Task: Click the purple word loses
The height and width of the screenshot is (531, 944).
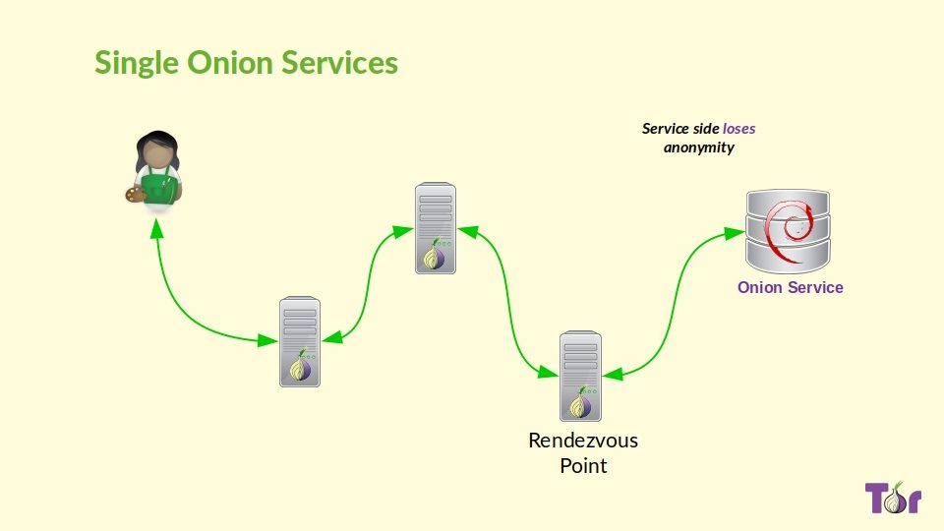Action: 739,128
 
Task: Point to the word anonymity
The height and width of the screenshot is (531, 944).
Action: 698,147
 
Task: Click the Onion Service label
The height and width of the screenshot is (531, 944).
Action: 791,287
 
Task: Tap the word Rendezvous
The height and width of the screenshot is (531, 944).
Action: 583,440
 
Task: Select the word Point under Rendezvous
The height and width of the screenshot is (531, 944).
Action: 583,465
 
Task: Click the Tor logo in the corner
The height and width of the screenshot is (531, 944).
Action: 893,498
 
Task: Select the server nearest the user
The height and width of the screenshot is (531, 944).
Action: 299,341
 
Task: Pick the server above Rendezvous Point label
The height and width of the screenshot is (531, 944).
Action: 580,377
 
